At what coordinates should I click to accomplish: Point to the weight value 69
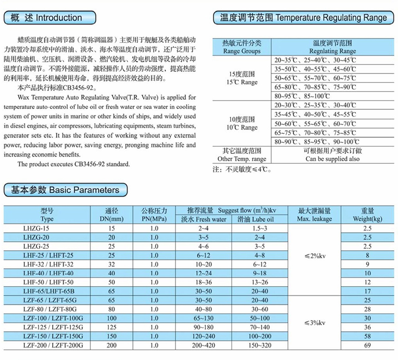367,345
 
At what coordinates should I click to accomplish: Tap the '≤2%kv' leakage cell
314,255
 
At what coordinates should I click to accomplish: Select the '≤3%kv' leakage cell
314,322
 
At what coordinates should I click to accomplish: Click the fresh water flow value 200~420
203,345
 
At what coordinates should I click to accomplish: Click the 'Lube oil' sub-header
259,219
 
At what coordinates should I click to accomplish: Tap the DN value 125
112,327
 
